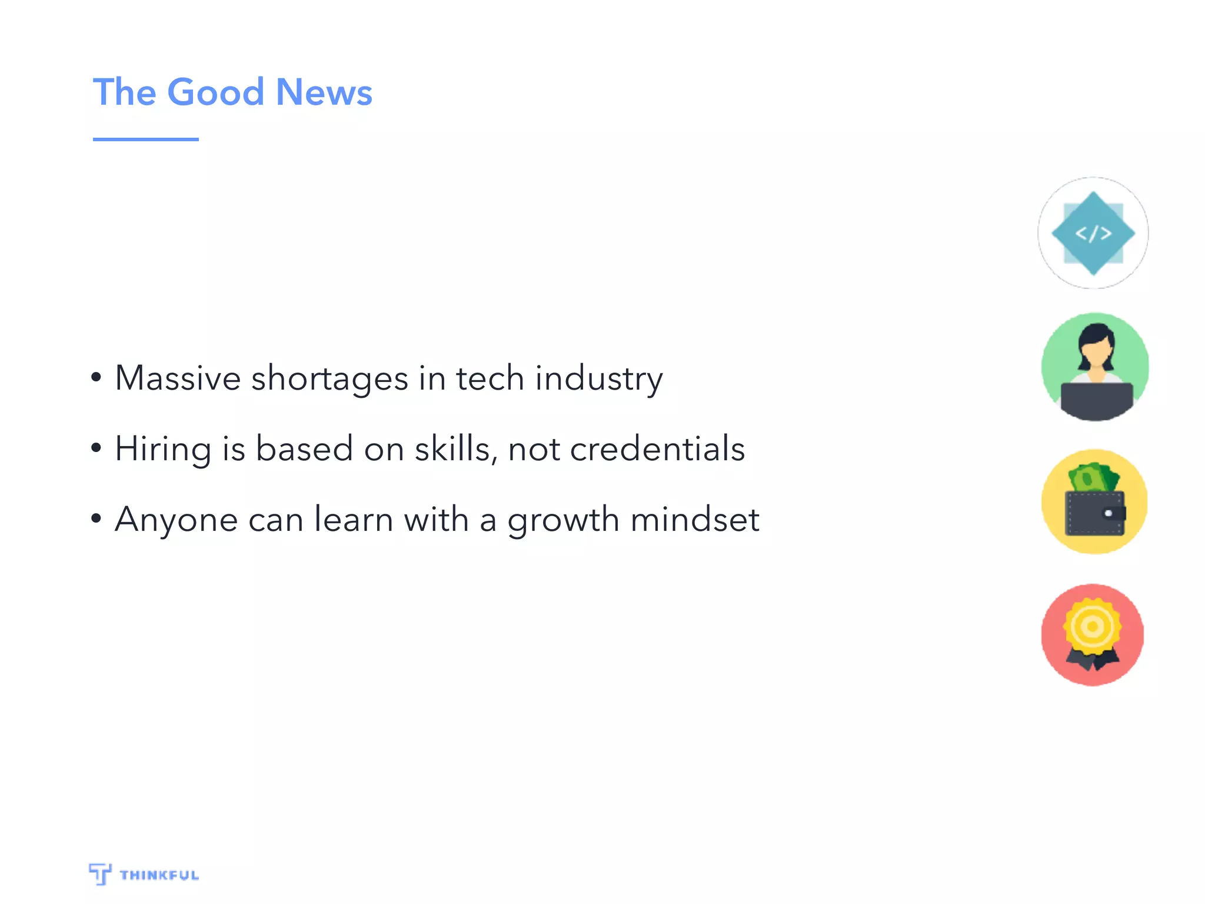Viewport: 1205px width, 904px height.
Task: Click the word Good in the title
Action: pyautogui.click(x=215, y=92)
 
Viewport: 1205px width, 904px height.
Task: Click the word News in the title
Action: pyautogui.click(x=324, y=92)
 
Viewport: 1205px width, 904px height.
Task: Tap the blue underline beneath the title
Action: pyautogui.click(x=145, y=139)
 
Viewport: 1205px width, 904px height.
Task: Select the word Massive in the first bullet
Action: pyautogui.click(x=178, y=378)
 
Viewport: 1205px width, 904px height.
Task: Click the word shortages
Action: pyautogui.click(x=329, y=378)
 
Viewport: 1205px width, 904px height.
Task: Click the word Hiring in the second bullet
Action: pyautogui.click(x=163, y=450)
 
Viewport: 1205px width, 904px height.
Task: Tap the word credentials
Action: pyautogui.click(x=657, y=450)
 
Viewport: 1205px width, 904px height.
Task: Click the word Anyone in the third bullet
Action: pyautogui.click(x=176, y=520)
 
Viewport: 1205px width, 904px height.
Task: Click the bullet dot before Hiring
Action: pyautogui.click(x=96, y=448)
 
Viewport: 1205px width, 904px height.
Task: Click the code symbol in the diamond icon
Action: pyautogui.click(x=1093, y=234)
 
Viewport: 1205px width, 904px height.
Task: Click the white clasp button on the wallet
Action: pyautogui.click(x=1108, y=514)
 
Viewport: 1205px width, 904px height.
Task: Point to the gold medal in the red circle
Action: pyautogui.click(x=1092, y=626)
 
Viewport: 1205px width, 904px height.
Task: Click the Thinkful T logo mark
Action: pyautogui.click(x=100, y=873)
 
